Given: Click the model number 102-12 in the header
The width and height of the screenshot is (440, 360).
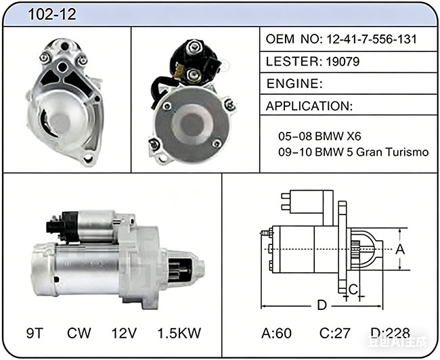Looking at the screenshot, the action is (52, 14).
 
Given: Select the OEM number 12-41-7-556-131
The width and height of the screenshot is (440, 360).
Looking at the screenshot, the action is (371, 39).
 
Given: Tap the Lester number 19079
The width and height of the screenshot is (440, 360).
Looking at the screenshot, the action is (343, 62).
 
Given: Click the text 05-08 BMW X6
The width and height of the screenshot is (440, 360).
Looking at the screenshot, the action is (320, 137).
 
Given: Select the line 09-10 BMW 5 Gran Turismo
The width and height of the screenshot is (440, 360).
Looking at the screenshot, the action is (353, 152).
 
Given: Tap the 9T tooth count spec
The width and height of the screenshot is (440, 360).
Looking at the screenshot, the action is (35, 333).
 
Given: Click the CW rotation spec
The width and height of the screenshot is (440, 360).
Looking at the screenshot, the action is (79, 333).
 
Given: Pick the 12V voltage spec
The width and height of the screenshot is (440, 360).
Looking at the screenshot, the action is (124, 333).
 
